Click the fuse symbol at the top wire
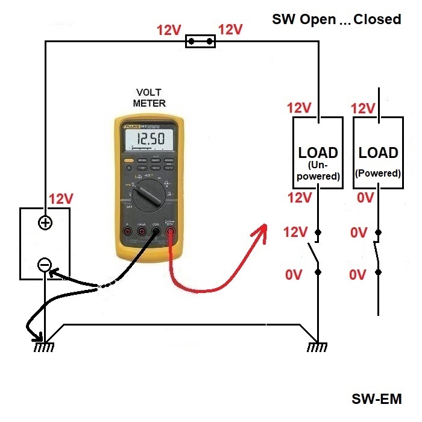click(x=201, y=42)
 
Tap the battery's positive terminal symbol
click(x=45, y=223)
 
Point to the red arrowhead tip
click(x=268, y=225)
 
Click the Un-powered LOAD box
click(x=318, y=153)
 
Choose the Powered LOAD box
click(x=378, y=153)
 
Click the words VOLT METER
click(x=148, y=97)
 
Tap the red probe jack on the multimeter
click(x=172, y=230)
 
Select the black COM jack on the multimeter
click(x=156, y=230)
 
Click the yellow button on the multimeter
click(x=128, y=161)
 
